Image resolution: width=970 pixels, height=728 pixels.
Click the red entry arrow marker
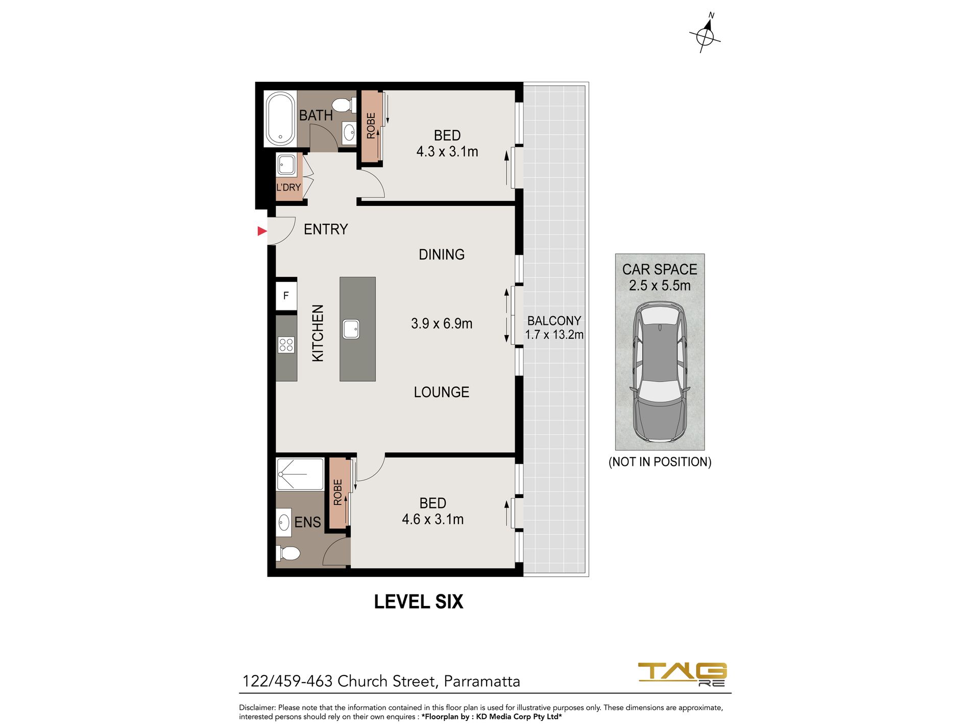262,231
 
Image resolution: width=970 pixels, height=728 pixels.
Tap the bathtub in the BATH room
279,119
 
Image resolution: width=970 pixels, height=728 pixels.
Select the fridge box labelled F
286,295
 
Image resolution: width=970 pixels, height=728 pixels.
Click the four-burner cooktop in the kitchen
286,345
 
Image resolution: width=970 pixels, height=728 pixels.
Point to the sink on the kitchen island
351,328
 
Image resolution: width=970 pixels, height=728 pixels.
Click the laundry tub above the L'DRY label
286,165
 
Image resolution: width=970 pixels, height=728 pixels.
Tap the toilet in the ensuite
288,553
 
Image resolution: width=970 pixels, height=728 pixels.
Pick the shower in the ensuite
300,475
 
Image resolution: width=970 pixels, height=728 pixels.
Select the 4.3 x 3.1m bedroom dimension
447,152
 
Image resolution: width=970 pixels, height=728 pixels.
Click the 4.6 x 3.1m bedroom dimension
433,520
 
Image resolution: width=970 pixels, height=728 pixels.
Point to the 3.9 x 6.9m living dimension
442,323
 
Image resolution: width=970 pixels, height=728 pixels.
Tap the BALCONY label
554,321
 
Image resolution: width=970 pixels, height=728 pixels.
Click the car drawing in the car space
660,372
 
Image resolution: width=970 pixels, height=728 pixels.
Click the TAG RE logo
683,674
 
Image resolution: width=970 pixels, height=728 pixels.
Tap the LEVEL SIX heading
419,602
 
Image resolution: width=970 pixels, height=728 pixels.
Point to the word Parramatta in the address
482,681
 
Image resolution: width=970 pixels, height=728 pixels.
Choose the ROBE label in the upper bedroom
371,126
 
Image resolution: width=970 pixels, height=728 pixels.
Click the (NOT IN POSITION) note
660,462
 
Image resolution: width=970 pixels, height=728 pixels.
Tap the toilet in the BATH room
344,105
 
